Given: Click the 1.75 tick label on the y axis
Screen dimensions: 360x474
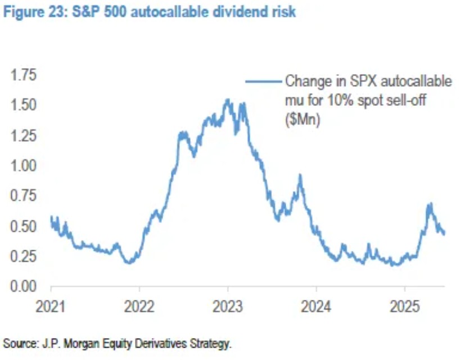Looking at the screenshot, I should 22,75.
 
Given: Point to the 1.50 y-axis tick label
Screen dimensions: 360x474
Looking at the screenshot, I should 22,105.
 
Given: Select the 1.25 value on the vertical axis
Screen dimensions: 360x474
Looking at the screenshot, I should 22,136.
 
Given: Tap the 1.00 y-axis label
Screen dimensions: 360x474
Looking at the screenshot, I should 22,166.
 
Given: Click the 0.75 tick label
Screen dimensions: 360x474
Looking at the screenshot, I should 22,196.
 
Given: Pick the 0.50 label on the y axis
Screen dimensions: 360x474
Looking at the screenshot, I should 22,227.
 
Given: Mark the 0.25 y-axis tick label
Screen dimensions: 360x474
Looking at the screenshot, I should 22,256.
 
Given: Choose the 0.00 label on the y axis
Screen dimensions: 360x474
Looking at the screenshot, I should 22,287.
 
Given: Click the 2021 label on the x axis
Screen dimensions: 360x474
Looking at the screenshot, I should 51,308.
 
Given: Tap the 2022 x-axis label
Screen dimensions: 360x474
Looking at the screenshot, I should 139,308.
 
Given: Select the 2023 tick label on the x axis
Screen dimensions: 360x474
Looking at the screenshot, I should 227,308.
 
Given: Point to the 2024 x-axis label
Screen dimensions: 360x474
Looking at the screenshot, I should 316,308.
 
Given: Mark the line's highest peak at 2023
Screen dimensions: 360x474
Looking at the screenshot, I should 227,100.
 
